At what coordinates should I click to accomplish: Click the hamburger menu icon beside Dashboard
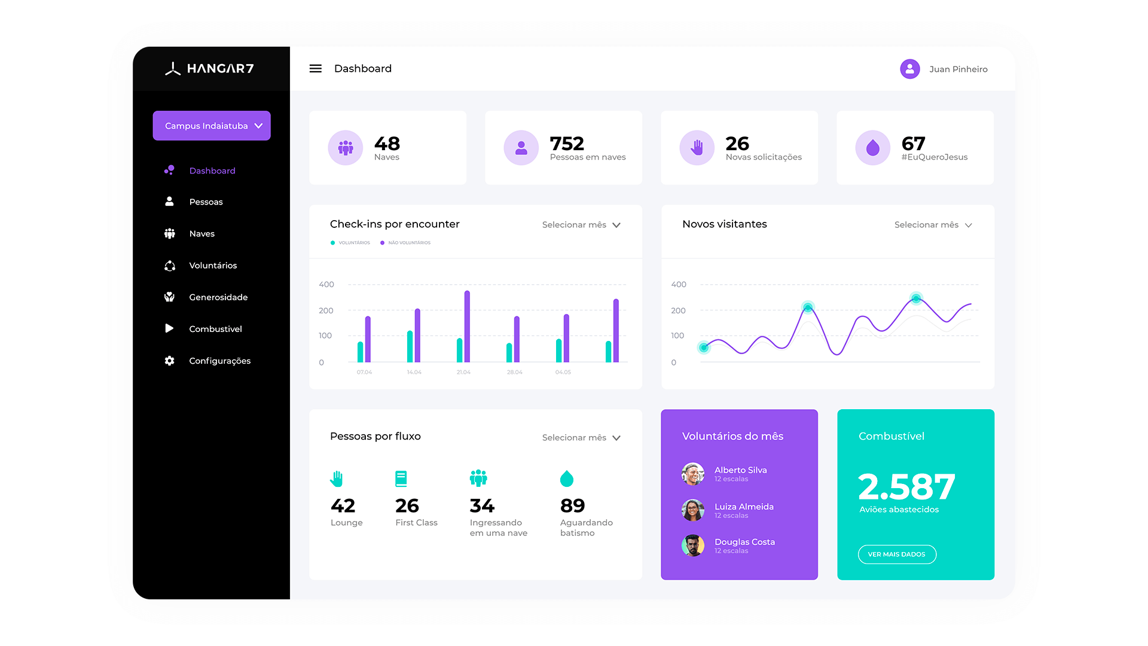tap(315, 69)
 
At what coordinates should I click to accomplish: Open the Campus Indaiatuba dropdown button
tap(212, 126)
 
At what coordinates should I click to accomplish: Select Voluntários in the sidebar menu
tap(213, 266)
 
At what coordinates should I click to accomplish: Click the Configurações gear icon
tap(170, 361)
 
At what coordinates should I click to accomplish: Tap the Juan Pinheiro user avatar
tap(909, 69)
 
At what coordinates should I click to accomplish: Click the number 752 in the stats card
tap(567, 144)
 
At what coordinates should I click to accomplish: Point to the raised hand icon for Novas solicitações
tap(697, 148)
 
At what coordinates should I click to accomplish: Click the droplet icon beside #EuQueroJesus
tap(872, 148)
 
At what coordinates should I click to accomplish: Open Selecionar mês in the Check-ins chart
tap(581, 225)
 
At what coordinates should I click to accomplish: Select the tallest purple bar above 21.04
tap(467, 326)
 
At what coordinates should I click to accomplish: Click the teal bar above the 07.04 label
tap(361, 352)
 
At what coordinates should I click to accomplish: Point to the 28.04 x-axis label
tap(514, 372)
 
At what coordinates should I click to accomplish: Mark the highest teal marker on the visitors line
tap(916, 298)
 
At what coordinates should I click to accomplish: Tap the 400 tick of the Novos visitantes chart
tap(679, 285)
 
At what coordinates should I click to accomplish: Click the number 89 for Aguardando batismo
tap(572, 506)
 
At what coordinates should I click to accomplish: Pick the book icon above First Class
tap(401, 479)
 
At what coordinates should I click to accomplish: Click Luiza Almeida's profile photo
tap(693, 510)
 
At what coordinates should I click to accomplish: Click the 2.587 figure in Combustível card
tap(906, 486)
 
